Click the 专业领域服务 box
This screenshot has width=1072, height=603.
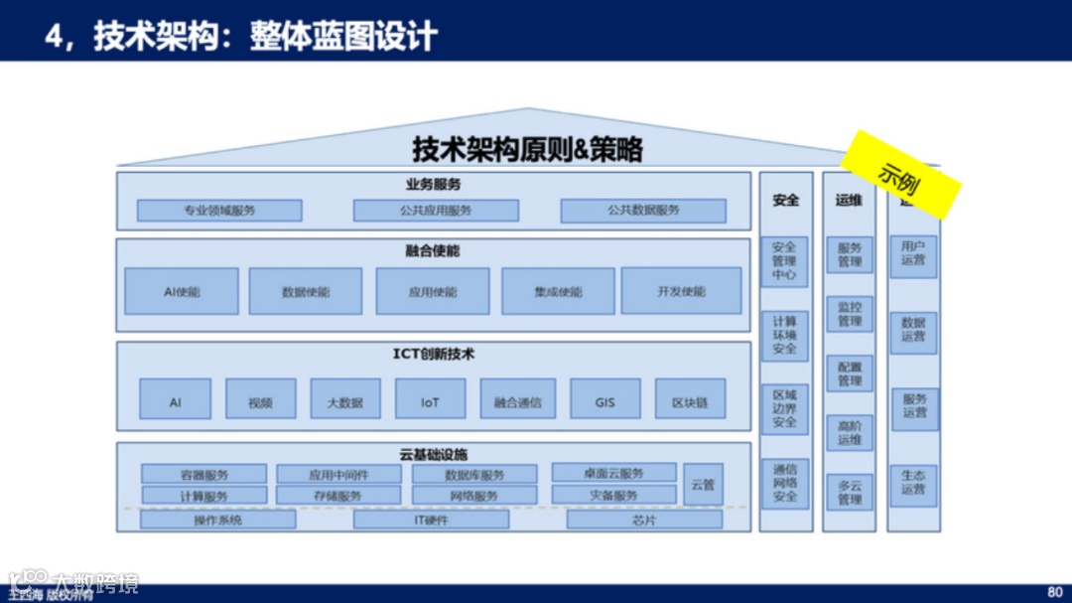click(x=219, y=211)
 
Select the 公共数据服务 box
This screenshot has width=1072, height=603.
click(x=643, y=211)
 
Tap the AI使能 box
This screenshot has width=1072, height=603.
click(x=182, y=292)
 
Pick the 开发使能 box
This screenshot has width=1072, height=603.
click(x=681, y=291)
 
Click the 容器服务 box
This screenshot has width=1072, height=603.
click(x=204, y=475)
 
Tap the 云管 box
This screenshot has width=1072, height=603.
click(x=703, y=484)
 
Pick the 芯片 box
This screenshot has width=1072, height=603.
click(x=644, y=520)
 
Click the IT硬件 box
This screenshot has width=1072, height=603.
click(x=431, y=520)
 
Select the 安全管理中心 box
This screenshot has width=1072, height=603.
click(x=784, y=261)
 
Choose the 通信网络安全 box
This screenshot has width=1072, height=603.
click(x=784, y=483)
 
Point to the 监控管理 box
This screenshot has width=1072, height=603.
click(x=850, y=314)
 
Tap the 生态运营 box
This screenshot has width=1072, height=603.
click(x=913, y=483)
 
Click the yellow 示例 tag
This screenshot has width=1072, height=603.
click(x=902, y=174)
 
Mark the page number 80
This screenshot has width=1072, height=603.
click(x=1054, y=590)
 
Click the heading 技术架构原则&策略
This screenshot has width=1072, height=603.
click(x=528, y=150)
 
